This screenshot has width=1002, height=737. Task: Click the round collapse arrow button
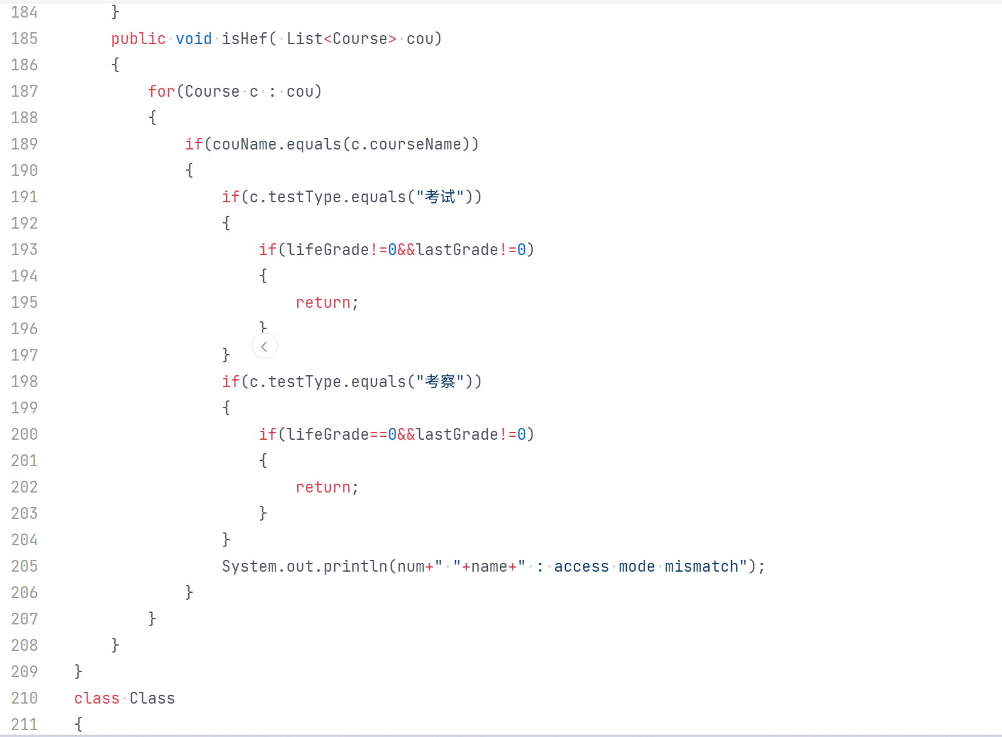click(x=264, y=347)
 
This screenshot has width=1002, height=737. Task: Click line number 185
click(x=24, y=39)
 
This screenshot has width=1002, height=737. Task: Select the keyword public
click(x=138, y=39)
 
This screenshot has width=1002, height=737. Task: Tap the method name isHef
click(x=244, y=39)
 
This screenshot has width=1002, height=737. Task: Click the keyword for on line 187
click(x=161, y=91)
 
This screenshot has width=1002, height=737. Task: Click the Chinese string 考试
click(x=440, y=197)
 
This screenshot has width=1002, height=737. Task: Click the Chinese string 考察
click(x=440, y=382)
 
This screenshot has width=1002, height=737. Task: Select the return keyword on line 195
click(x=323, y=303)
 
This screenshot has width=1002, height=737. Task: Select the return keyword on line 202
click(x=323, y=487)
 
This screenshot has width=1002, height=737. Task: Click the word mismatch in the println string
click(x=701, y=566)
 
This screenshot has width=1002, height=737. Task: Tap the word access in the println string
click(x=582, y=566)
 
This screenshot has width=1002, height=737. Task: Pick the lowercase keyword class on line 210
click(x=97, y=698)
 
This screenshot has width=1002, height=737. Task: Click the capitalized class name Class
click(x=152, y=698)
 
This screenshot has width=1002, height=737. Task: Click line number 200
click(x=24, y=434)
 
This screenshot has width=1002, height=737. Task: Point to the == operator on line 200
click(x=379, y=434)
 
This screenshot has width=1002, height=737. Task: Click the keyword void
click(x=194, y=39)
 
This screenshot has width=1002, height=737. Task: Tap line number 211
click(x=24, y=725)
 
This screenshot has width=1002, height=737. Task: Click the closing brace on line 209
click(x=79, y=672)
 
